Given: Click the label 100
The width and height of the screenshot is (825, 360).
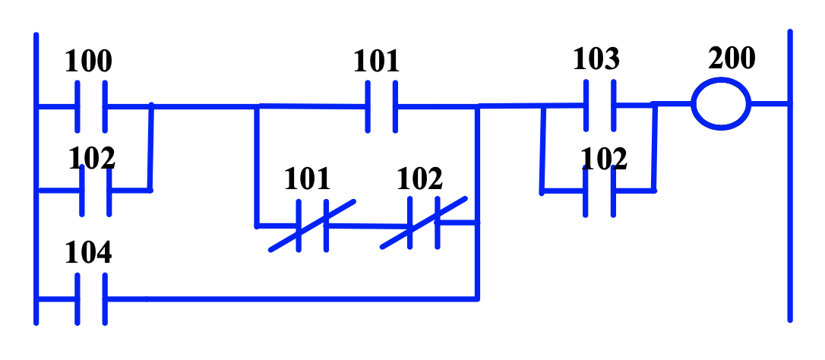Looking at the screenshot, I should pos(88,62).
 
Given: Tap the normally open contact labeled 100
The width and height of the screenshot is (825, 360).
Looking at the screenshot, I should pos(91,106).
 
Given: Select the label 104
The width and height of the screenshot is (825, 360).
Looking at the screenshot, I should pos(88,254).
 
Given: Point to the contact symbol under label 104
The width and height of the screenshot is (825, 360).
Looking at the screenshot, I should pos(91,299).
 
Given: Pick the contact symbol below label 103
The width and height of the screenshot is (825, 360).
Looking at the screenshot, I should pos(599,106).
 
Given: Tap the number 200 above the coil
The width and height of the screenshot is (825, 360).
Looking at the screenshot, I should pos(732,58).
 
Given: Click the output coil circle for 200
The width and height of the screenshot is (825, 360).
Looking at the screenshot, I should pos(720,104).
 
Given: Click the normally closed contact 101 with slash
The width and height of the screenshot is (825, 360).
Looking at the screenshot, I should pos(312,225).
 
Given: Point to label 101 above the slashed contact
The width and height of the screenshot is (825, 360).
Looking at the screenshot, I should pos(307,179).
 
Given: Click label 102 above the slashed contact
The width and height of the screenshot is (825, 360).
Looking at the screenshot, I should pos(419,179).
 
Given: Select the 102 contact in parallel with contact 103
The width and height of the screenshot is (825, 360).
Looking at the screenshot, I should pos(599,191).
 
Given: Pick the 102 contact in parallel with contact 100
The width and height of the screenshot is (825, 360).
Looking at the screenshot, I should pos(95,190).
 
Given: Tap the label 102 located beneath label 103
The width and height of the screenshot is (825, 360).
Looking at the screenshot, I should pos(605,159).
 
